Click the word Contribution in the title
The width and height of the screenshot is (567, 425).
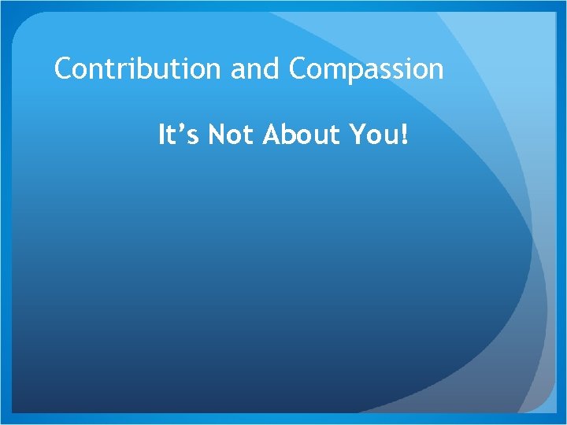pyautogui.click(x=139, y=69)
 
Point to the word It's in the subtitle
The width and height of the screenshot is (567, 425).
pyautogui.click(x=178, y=135)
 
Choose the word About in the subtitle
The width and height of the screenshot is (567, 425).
pyautogui.click(x=298, y=135)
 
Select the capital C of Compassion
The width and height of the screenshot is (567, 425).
pyautogui.click(x=299, y=69)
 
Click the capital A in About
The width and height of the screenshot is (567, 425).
pyautogui.click(x=271, y=135)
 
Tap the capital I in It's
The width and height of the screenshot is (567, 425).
pyautogui.click(x=162, y=135)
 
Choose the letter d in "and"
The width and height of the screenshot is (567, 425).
pyautogui.click(x=273, y=69)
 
